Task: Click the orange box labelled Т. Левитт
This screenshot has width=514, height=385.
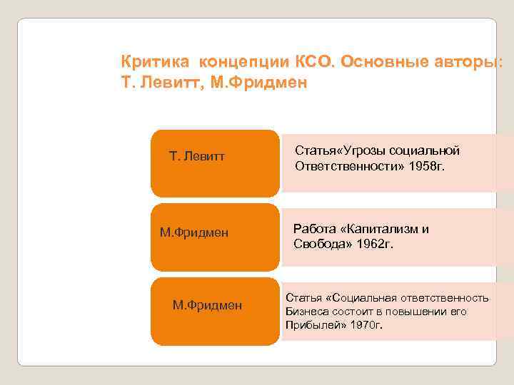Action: (x=214, y=163)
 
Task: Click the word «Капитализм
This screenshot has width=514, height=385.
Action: (x=382, y=229)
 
